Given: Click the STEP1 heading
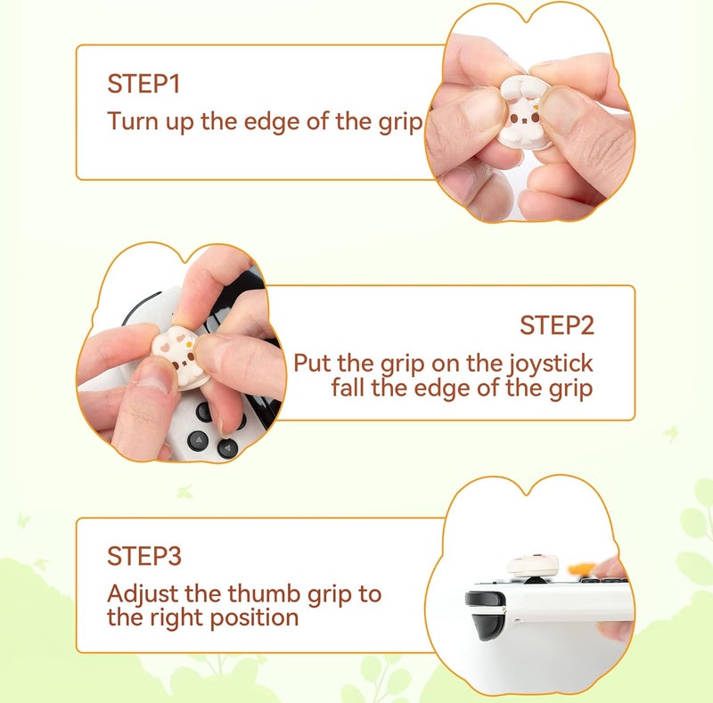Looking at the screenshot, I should (143, 85).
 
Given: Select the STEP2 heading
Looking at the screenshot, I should (556, 325).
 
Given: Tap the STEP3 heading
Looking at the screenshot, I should (144, 556).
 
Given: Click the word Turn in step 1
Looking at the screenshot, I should (132, 121).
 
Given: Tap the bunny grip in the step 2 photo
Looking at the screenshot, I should (183, 359).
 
